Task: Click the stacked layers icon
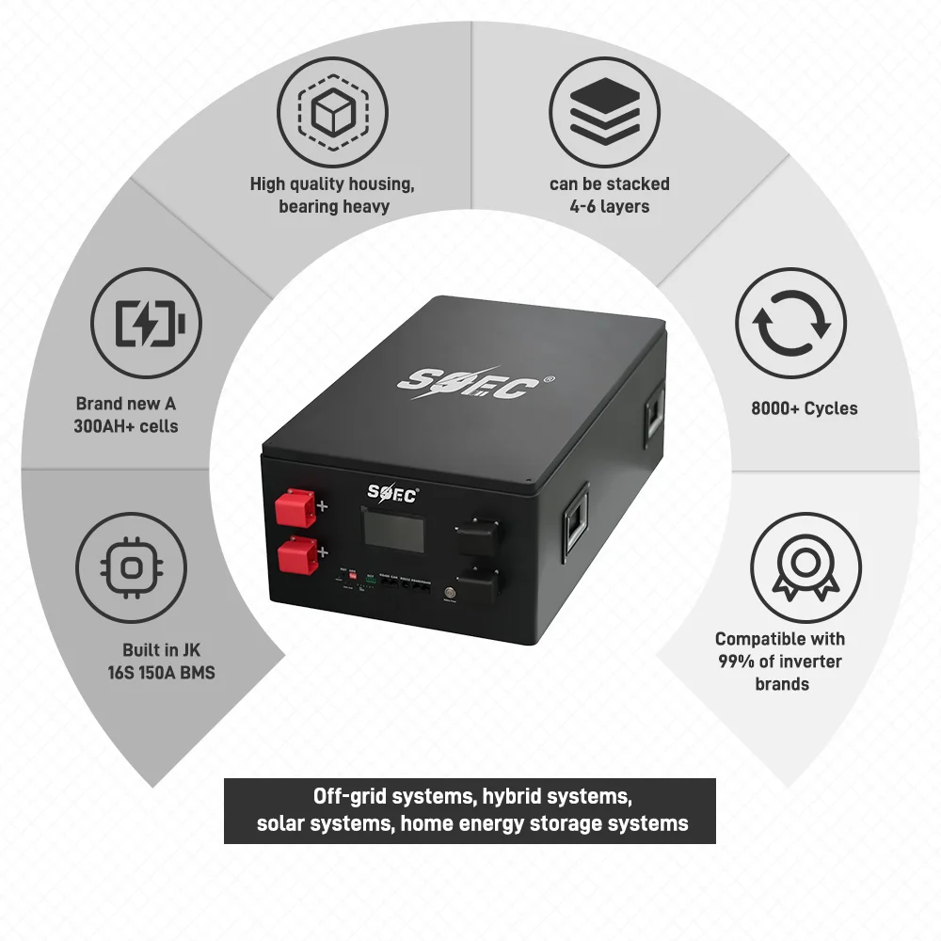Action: [x=604, y=113]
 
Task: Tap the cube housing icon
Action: [x=331, y=113]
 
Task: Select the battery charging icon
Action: [x=148, y=324]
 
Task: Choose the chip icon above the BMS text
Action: [x=132, y=567]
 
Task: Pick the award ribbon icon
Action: [x=805, y=567]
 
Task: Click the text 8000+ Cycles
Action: [x=805, y=408]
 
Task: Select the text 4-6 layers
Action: [x=610, y=206]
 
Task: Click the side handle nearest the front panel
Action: [x=574, y=523]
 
